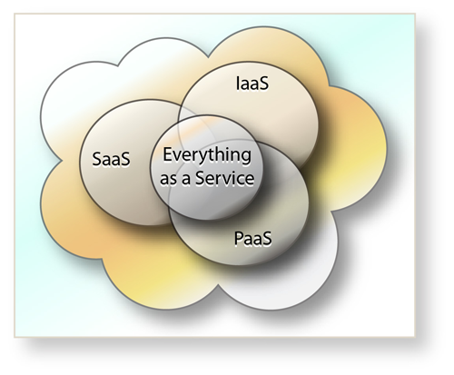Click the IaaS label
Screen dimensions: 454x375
(252, 84)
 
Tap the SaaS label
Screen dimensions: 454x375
(111, 159)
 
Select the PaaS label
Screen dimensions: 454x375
(253, 239)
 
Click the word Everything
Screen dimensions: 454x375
(207, 156)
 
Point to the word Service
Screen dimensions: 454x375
(225, 178)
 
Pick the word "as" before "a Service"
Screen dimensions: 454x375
(167, 179)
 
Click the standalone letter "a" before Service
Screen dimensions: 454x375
(185, 179)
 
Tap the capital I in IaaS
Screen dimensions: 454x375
(238, 84)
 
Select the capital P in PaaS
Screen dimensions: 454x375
(239, 239)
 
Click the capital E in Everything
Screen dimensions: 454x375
(167, 154)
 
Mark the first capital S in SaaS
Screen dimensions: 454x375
(96, 159)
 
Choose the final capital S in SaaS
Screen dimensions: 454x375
(126, 159)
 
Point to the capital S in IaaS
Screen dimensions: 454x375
(264, 84)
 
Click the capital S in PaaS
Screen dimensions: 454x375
(267, 239)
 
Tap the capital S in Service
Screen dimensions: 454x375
(200, 178)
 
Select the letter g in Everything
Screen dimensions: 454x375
(246, 158)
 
